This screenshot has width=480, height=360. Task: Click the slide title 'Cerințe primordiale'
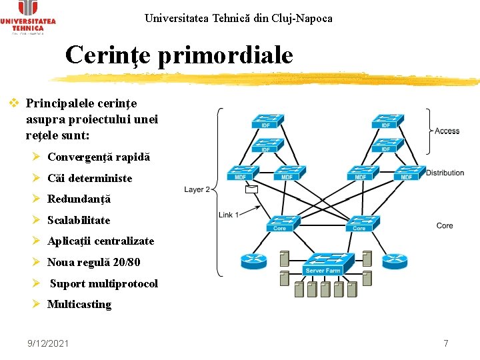click(179, 55)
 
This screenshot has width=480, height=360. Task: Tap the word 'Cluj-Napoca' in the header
click(301, 18)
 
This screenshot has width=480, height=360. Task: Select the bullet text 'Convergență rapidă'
click(99, 157)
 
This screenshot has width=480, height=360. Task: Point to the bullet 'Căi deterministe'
click(90, 178)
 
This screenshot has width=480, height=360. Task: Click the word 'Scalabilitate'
click(79, 220)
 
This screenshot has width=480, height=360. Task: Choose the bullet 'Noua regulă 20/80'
click(94, 262)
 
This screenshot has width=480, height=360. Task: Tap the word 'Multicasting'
click(79, 304)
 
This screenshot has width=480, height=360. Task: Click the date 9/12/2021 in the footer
click(48, 343)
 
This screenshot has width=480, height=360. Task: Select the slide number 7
click(446, 343)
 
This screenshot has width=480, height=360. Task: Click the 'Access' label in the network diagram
click(447, 131)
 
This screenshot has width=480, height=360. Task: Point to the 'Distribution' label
click(445, 173)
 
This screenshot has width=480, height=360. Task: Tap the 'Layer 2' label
click(197, 189)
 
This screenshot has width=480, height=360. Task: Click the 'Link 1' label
click(229, 215)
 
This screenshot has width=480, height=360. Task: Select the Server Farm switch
click(323, 263)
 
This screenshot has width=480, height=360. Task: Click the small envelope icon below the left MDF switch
click(251, 189)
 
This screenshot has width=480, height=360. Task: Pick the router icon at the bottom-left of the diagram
click(254, 261)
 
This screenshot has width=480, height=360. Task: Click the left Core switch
click(280, 223)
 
